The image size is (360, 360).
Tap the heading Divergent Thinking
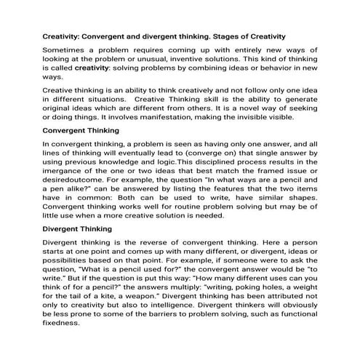(76, 228)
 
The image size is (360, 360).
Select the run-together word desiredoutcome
(77, 180)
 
